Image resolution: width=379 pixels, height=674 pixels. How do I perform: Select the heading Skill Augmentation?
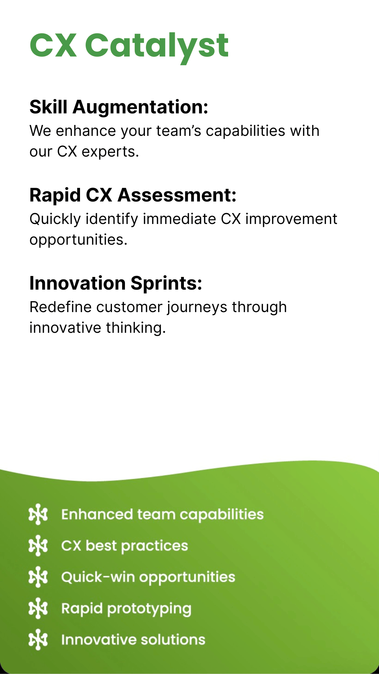click(x=119, y=107)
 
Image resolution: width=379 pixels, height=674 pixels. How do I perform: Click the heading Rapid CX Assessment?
click(x=133, y=195)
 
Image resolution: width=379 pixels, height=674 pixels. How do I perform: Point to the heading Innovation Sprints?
click(x=116, y=283)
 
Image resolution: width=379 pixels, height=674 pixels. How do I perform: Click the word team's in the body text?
click(x=179, y=131)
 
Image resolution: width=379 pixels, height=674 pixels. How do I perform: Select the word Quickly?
click(x=55, y=219)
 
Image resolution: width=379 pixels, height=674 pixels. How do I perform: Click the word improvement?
click(x=291, y=219)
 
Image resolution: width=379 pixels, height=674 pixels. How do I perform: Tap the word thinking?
click(x=136, y=328)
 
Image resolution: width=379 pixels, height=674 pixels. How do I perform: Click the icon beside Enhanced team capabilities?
click(x=38, y=515)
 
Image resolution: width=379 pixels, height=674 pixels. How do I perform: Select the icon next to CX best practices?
click(x=38, y=546)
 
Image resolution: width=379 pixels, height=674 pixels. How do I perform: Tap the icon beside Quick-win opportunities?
click(x=38, y=577)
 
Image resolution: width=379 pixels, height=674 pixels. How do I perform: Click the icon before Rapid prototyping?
click(x=38, y=608)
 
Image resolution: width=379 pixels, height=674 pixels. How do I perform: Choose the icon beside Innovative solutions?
click(x=38, y=640)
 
